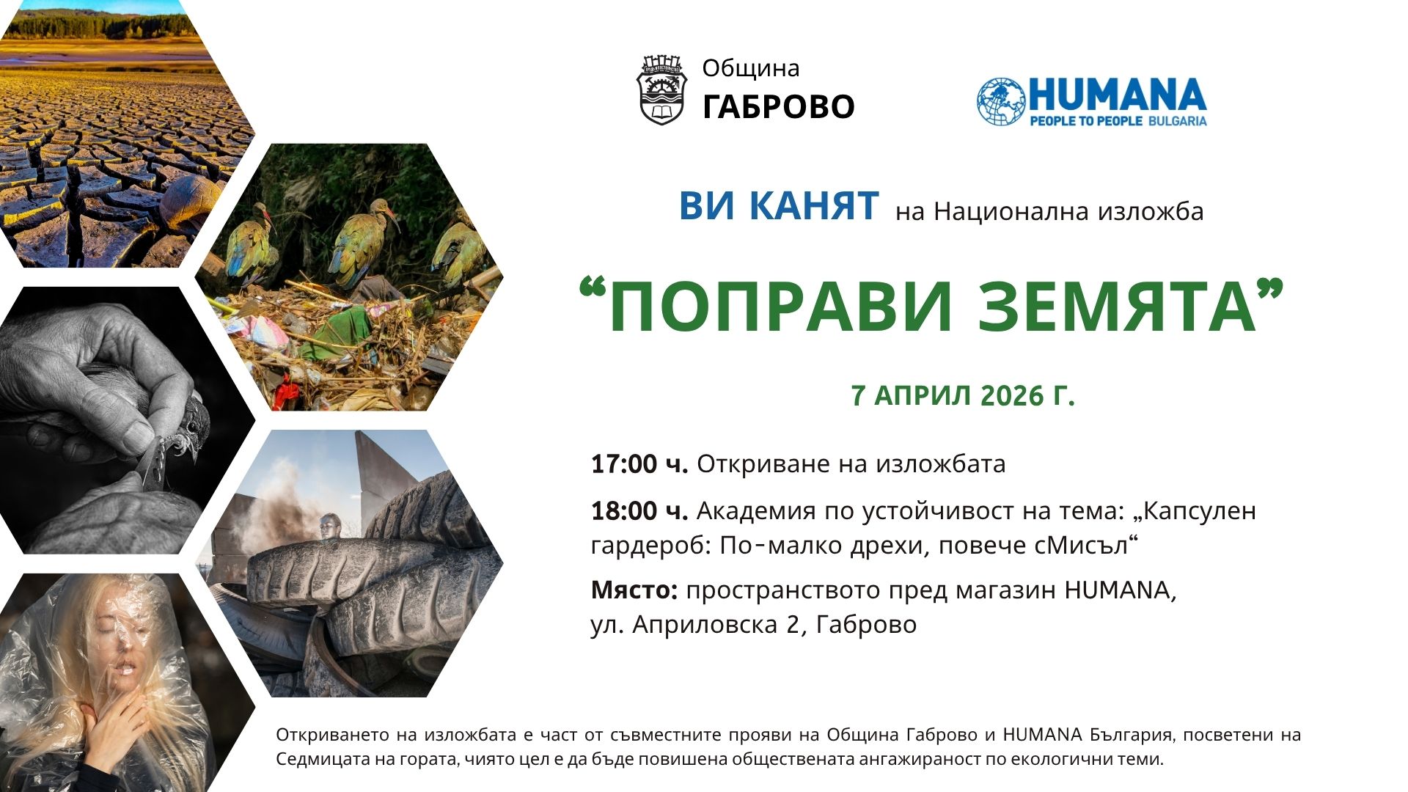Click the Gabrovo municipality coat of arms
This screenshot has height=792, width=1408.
coord(661,89)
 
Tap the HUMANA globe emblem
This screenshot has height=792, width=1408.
coord(1001,101)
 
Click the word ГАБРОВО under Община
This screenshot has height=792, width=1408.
coord(779,106)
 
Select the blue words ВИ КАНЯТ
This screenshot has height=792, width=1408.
coord(779,205)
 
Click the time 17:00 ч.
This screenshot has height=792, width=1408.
coord(639,464)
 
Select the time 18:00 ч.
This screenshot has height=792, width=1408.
coord(639,511)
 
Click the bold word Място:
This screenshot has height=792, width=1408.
coord(635,590)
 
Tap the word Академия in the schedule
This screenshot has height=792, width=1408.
coord(756,511)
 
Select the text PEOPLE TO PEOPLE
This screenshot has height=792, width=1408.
coord(1086,120)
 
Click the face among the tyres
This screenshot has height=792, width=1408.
coord(331,527)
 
